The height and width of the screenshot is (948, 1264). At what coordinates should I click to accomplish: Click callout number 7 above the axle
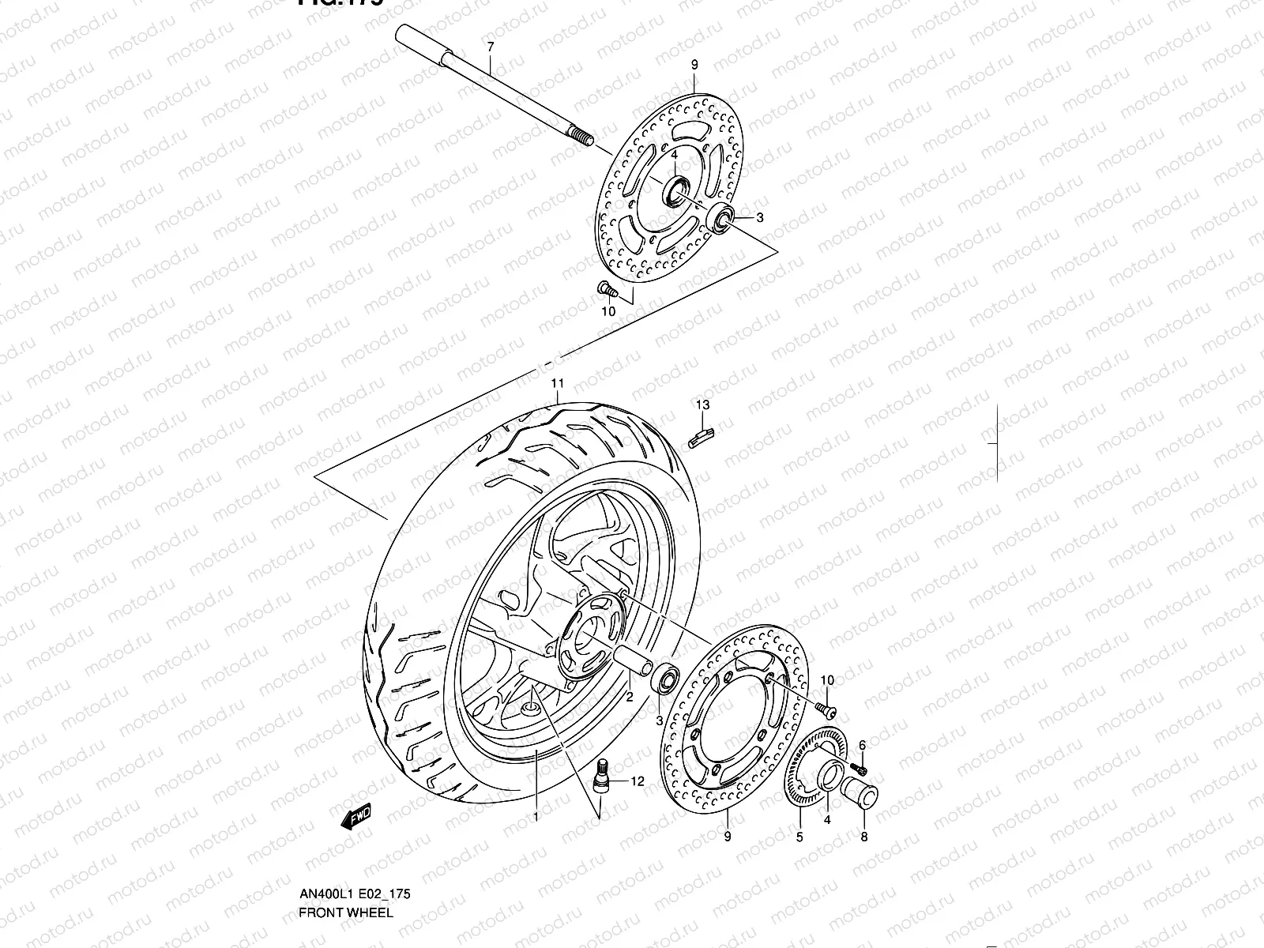[490, 47]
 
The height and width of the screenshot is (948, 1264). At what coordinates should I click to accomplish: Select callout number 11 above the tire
[557, 384]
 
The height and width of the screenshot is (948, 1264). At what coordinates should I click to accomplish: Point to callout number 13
[702, 405]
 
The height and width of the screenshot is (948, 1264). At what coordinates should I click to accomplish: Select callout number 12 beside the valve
[638, 781]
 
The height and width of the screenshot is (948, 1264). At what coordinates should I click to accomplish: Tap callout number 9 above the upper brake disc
[694, 65]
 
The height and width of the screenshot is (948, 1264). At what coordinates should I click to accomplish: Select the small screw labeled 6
[861, 768]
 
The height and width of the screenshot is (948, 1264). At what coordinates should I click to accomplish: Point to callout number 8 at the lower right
[863, 837]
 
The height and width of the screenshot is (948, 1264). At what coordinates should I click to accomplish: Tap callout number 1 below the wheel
[536, 816]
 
